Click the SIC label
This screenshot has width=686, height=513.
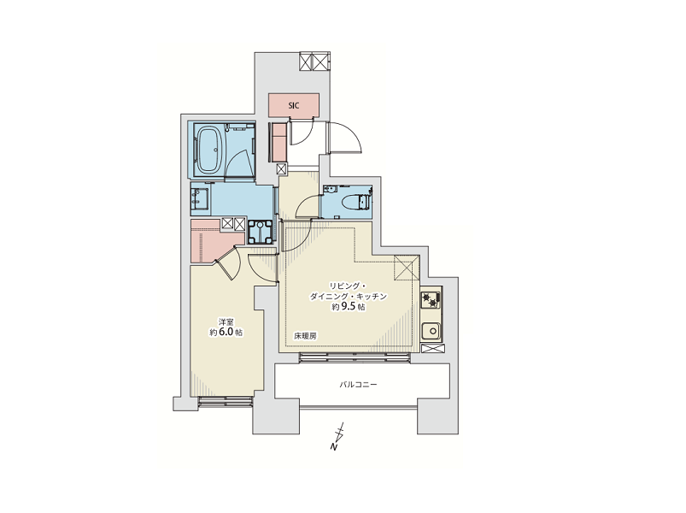[294, 105]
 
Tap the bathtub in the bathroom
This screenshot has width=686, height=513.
[210, 150]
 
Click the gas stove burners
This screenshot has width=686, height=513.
[431, 300]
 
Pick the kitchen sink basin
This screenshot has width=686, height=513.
[431, 331]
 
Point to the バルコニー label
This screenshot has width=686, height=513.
[358, 385]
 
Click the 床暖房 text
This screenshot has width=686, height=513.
[305, 336]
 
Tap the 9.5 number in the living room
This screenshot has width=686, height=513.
[349, 307]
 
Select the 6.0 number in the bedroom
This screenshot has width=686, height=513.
[226, 333]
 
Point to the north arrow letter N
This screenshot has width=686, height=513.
[334, 447]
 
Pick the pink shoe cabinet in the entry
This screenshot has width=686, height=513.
[279, 142]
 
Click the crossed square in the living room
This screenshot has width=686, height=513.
[407, 268]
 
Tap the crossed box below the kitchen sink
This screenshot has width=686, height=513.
[431, 349]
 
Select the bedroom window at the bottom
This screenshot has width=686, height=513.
[226, 402]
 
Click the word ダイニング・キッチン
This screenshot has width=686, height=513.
[349, 297]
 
